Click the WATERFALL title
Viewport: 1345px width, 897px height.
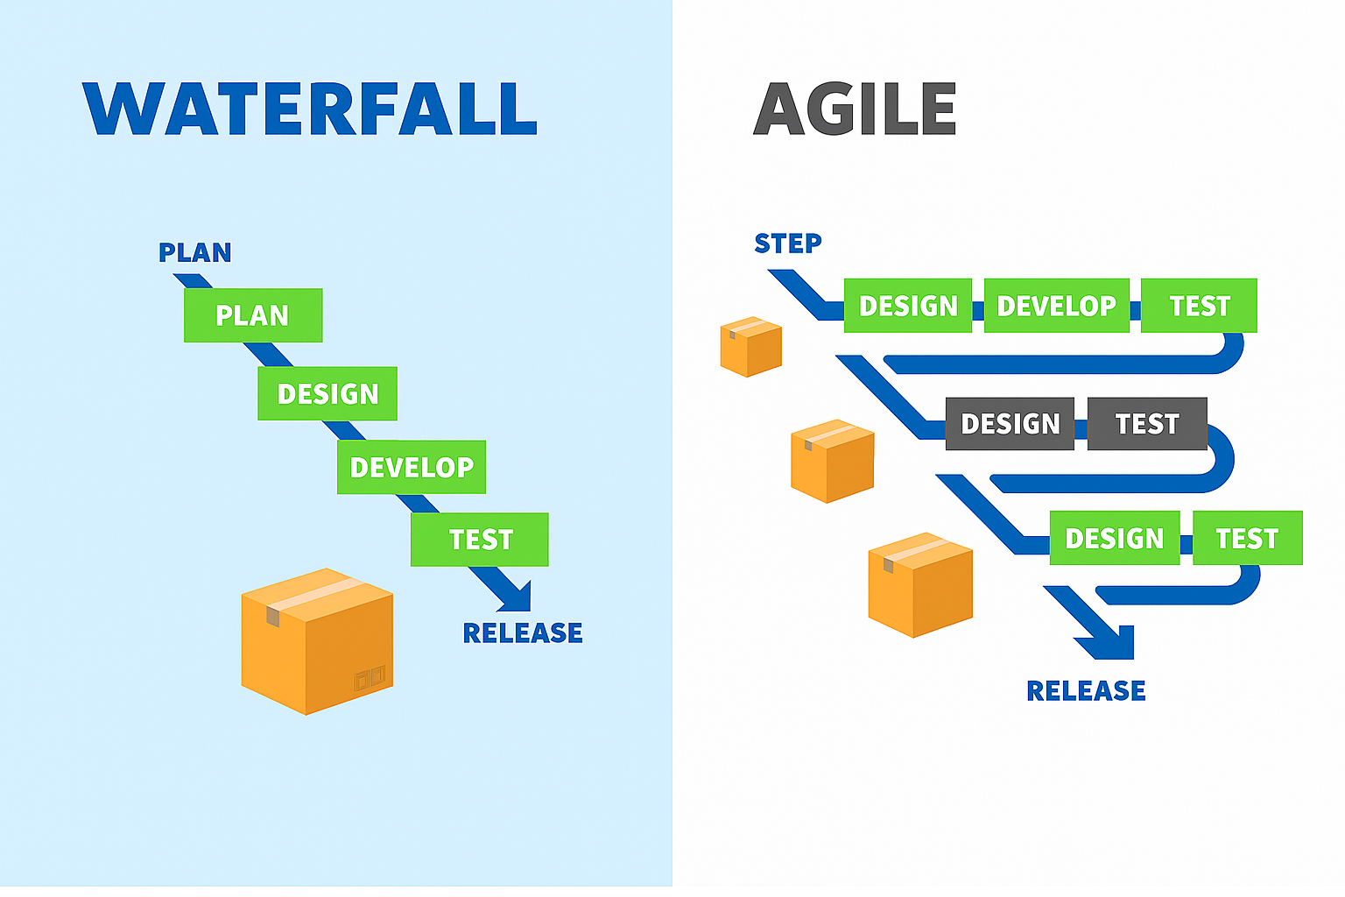point(310,109)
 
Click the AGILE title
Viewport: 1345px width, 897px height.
point(855,109)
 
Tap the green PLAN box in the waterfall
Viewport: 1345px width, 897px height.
point(253,315)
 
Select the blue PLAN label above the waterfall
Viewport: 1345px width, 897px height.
point(194,253)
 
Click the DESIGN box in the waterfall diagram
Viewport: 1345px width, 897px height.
point(327,394)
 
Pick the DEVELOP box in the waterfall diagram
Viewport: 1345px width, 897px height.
point(412,467)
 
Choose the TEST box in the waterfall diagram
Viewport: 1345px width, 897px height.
point(480,540)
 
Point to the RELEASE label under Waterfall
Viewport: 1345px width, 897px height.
point(523,632)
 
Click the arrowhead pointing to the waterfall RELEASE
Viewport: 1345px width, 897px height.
point(517,597)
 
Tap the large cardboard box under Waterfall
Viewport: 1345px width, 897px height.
point(317,641)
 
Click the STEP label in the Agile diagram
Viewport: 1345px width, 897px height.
point(788,244)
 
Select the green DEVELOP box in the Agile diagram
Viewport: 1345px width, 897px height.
point(1056,306)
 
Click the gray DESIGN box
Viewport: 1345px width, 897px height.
point(1010,424)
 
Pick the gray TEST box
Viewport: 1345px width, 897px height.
point(1147,424)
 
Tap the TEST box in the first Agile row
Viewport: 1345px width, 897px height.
point(1199,306)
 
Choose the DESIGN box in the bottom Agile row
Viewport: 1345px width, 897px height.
point(1114,538)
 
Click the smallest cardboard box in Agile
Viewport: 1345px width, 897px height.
point(750,347)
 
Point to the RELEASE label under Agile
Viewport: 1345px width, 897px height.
point(1086,690)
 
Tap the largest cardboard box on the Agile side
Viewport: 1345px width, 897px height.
point(920,584)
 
